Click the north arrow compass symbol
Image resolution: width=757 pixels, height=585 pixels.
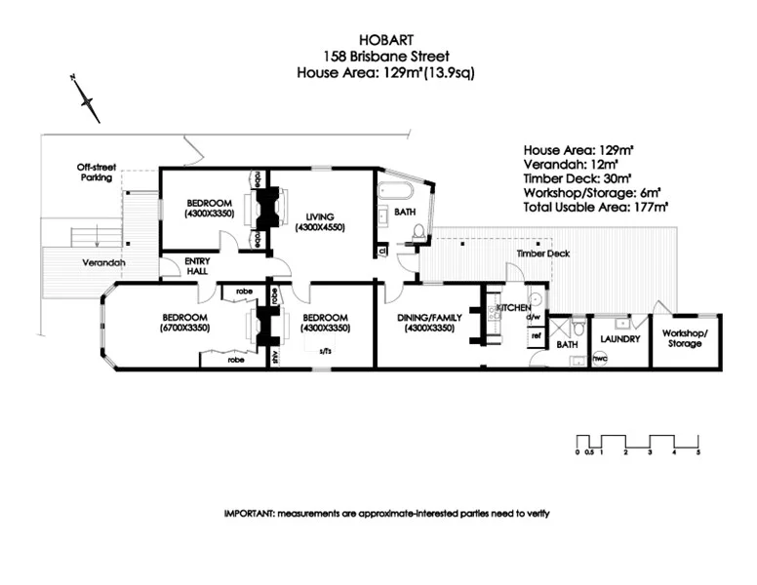tap(89, 101)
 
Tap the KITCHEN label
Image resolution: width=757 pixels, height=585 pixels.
tap(514, 308)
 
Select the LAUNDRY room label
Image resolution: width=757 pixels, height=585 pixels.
tap(619, 339)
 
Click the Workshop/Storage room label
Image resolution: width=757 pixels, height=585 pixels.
tap(685, 338)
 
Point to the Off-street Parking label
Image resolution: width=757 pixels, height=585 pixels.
tap(96, 173)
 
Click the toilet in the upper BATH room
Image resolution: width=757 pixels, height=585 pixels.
tap(418, 232)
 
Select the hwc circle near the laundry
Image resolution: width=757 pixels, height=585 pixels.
tap(600, 357)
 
